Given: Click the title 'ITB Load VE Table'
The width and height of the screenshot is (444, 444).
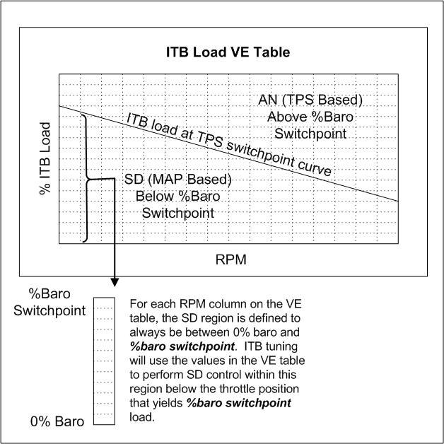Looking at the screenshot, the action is pyautogui.click(x=228, y=52).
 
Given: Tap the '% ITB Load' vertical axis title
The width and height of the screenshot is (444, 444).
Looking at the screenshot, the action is pyautogui.click(x=45, y=158).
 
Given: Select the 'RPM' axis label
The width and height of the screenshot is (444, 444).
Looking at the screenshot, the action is pyautogui.click(x=230, y=259).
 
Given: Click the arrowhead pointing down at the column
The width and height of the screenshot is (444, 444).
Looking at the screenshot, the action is pyautogui.click(x=115, y=282).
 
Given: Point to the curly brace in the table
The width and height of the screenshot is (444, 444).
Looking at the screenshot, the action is pyautogui.click(x=86, y=178).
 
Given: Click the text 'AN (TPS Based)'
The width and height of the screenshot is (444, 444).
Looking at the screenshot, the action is pyautogui.click(x=310, y=100).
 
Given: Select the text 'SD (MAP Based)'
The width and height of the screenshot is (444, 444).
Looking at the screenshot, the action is pyautogui.click(x=178, y=180).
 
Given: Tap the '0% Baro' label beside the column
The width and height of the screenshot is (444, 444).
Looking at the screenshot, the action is pyautogui.click(x=57, y=421).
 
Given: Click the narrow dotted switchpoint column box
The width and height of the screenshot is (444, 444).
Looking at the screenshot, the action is pyautogui.click(x=104, y=361).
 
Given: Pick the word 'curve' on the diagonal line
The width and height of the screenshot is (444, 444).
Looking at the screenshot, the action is pyautogui.click(x=315, y=168).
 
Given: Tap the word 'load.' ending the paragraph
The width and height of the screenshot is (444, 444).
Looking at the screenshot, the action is pyautogui.click(x=142, y=417).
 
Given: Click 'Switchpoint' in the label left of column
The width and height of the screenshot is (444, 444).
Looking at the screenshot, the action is pyautogui.click(x=49, y=310).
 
